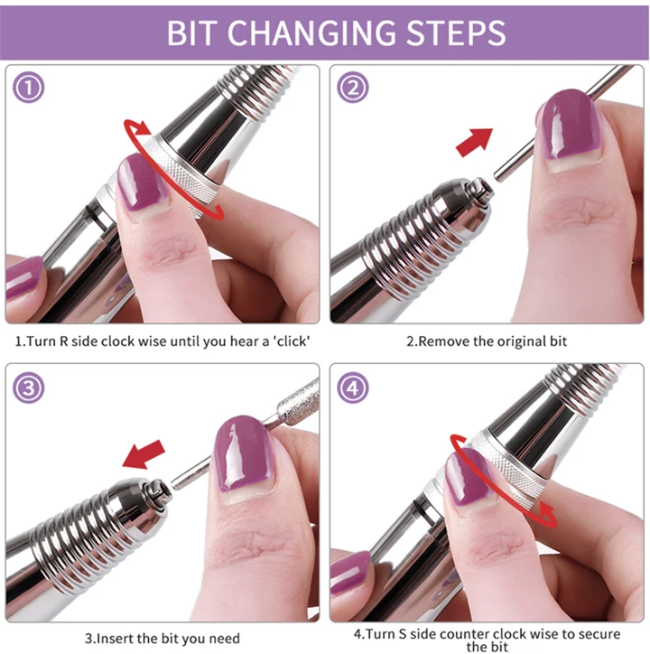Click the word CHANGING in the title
pos(311,33)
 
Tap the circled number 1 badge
pos(28,88)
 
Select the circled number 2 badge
pos(353,88)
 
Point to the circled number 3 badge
pos(28,388)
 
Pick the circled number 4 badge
pos(353,388)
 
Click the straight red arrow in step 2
pos(474,142)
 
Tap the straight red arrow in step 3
pos(144,454)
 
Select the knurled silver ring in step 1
pos(181,176)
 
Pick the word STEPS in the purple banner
pos(456,33)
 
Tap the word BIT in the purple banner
pos(191,33)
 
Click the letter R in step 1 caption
pos(64,341)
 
